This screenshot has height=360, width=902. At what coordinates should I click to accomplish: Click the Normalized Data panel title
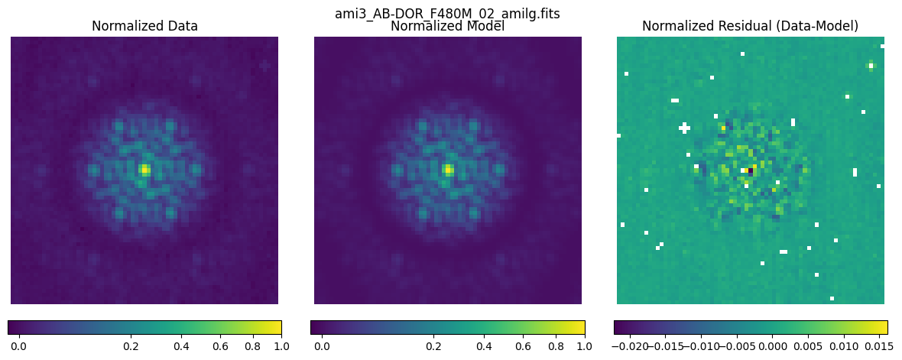pyautogui.click(x=144, y=26)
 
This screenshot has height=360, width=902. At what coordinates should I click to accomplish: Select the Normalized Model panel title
pyautogui.click(x=447, y=27)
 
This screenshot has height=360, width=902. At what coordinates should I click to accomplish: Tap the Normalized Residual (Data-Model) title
pyautogui.click(x=750, y=26)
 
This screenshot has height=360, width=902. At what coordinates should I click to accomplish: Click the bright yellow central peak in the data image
pyautogui.click(x=144, y=169)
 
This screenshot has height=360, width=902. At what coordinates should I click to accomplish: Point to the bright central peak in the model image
pyautogui.click(x=448, y=169)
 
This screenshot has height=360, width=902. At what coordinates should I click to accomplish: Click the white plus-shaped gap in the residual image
pyautogui.click(x=684, y=128)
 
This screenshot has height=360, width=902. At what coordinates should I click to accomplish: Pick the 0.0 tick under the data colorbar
pyautogui.click(x=18, y=346)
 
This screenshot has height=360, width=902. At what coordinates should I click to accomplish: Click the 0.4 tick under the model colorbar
pyautogui.click(x=483, y=346)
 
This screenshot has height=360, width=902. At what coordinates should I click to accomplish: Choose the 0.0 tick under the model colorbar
pyautogui.click(x=321, y=346)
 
